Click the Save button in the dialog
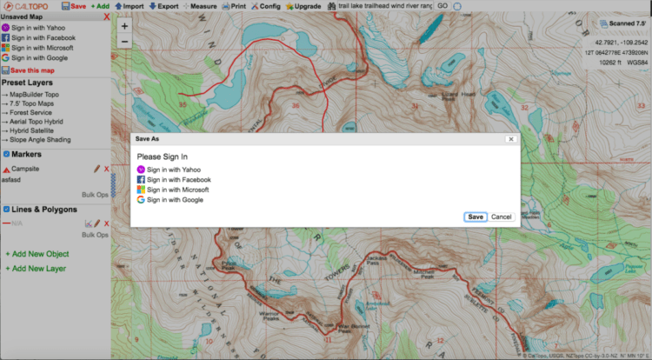pyautogui.click(x=475, y=217)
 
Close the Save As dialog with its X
pyautogui.click(x=511, y=138)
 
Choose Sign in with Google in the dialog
pyautogui.click(x=175, y=199)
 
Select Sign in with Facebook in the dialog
pyautogui.click(x=178, y=179)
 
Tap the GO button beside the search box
pyautogui.click(x=442, y=6)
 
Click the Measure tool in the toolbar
pyautogui.click(x=199, y=6)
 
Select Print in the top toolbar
pyautogui.click(x=233, y=6)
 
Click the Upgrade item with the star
pyautogui.click(x=303, y=6)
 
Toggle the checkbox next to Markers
pyautogui.click(x=6, y=154)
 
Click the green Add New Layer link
pyautogui.click(x=39, y=269)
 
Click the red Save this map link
pyautogui.click(x=34, y=70)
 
